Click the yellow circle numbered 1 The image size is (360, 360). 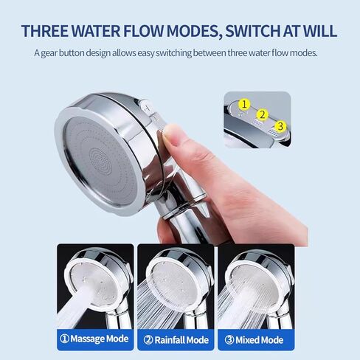pyautogui.click(x=245, y=105)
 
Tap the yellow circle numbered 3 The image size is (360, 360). pyautogui.click(x=279, y=126)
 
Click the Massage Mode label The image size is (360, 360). pyautogui.click(x=95, y=339)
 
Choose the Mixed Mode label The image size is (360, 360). pyautogui.click(x=255, y=339)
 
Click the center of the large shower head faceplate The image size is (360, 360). pyautogui.click(x=100, y=155)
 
